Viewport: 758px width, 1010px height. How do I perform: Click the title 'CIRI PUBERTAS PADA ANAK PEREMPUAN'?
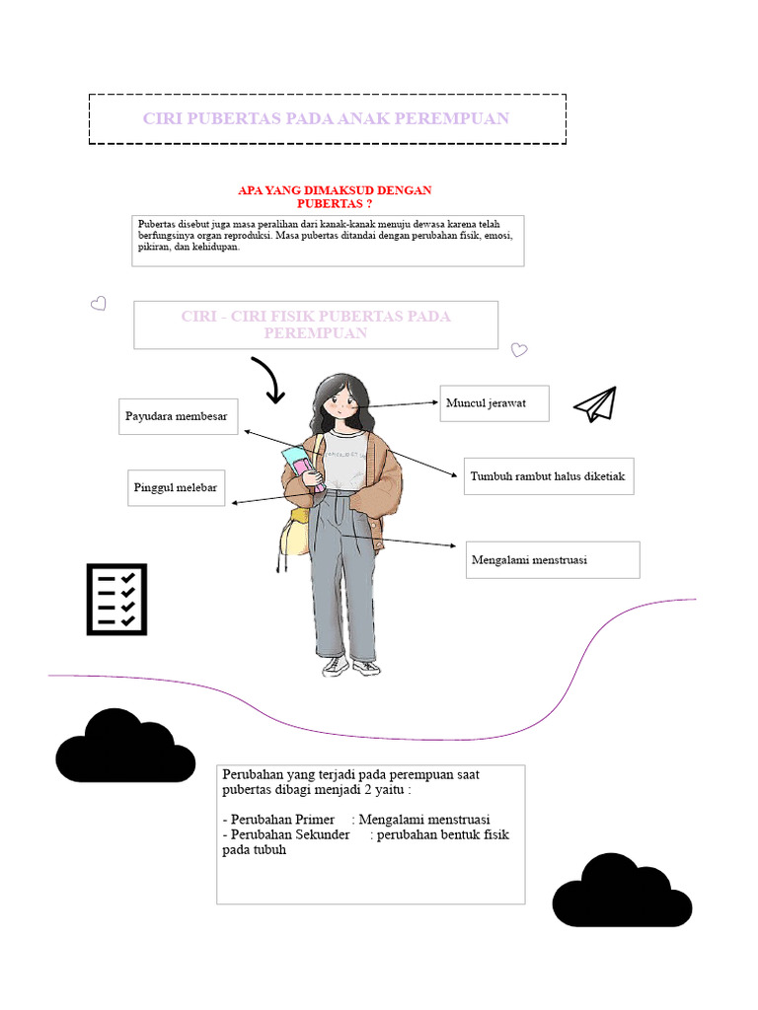pos(327,118)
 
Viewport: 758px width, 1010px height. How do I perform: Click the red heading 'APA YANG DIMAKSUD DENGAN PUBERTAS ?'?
pos(335,196)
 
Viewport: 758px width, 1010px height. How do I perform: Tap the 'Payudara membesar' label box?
pos(178,416)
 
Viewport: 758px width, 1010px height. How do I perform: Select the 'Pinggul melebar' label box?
pos(177,488)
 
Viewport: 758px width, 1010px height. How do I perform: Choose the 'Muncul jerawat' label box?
pos(493,403)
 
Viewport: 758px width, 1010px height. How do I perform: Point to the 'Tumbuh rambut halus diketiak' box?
pos(549,476)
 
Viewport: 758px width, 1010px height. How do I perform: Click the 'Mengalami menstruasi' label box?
pos(553,559)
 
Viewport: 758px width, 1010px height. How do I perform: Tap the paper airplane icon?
pos(596,403)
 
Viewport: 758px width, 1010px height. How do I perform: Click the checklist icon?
pos(116,599)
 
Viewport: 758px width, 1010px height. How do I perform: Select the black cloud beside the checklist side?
pos(125,748)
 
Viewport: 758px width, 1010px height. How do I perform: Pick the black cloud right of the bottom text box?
pos(622,892)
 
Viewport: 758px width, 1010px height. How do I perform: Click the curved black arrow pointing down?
pos(268,381)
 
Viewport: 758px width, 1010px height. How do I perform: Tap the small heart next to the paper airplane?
pos(519,350)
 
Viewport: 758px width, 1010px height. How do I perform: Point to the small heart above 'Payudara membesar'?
pos(99,304)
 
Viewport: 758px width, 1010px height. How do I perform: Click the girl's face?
pos(341,401)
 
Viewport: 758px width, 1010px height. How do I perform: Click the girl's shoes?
pos(350,667)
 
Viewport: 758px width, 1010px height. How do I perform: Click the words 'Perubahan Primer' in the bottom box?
pos(282,820)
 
